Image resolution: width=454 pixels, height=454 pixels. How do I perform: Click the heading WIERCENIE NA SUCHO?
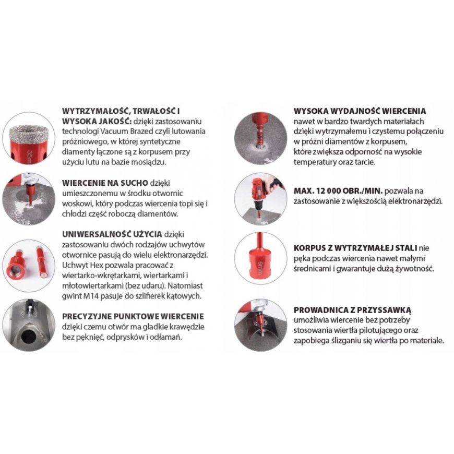click(105, 183)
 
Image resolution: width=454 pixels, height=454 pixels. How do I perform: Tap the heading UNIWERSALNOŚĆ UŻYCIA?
click(112, 234)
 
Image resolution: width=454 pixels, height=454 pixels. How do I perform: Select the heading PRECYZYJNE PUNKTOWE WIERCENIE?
click(133, 316)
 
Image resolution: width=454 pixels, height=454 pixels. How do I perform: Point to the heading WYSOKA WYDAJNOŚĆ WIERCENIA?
click(360, 111)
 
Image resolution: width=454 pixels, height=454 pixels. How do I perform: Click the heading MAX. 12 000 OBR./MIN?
click(338, 191)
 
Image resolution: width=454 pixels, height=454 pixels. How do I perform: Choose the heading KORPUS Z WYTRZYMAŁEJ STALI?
click(355, 248)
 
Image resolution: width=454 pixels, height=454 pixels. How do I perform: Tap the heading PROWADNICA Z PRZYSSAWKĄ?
click(352, 310)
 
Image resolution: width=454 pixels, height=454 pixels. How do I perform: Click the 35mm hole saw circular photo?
click(28, 139)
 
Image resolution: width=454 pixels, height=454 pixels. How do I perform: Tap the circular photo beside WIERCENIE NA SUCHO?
click(28, 199)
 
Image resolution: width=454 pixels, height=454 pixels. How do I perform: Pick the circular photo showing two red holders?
click(28, 266)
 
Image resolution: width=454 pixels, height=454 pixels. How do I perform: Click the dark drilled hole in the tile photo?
click(28, 336)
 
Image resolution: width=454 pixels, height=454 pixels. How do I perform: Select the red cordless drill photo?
click(260, 199)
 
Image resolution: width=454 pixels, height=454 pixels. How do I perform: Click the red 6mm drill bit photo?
click(260, 258)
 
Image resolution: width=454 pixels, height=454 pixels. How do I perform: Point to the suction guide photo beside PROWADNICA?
click(260, 326)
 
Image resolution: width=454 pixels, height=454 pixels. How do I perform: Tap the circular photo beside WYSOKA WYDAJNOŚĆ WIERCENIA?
click(260, 139)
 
